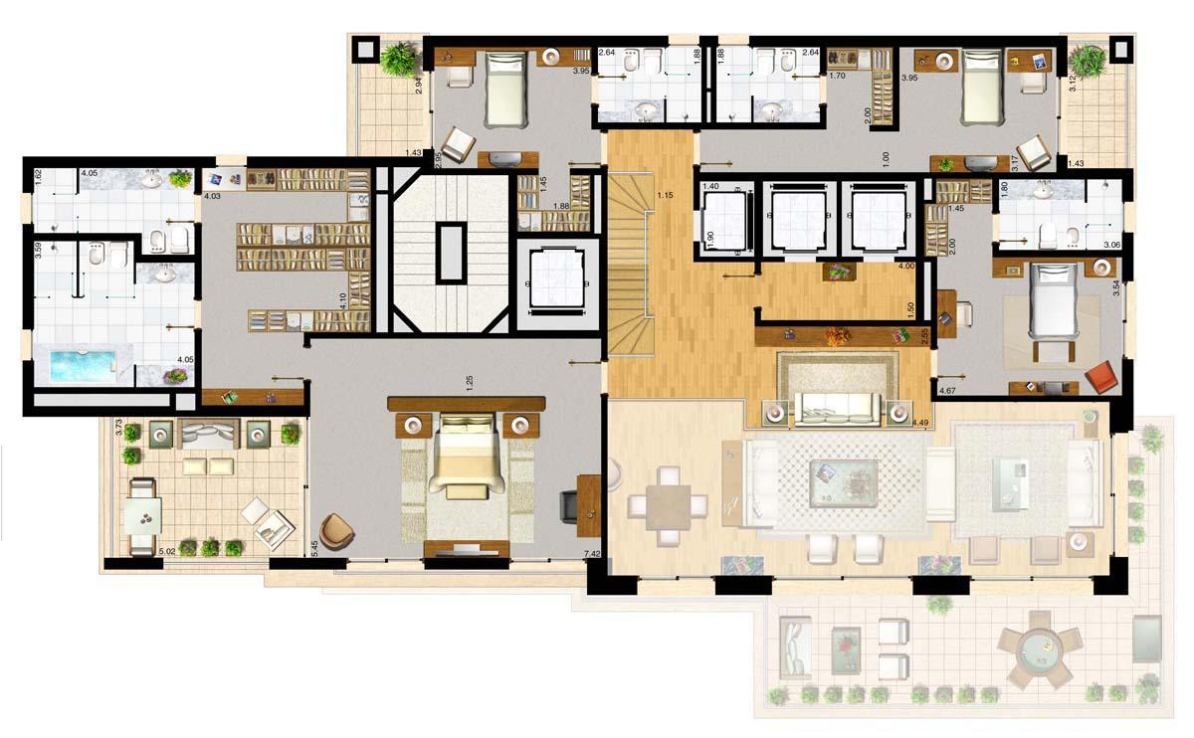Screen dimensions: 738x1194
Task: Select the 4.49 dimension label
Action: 920,424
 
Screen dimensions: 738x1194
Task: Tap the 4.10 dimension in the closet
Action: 342,299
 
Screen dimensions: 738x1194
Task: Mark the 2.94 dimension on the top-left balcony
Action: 419,87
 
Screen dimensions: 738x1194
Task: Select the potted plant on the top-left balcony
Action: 399,59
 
